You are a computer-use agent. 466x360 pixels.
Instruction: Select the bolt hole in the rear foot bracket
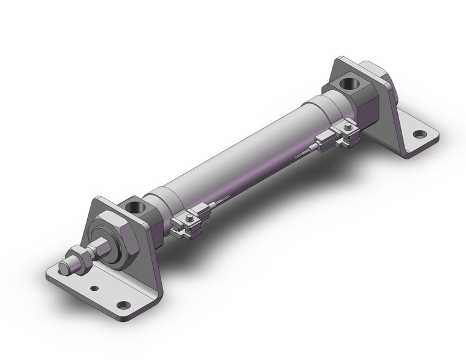(x=419, y=134)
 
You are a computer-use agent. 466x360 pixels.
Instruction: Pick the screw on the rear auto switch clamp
(x=346, y=128)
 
